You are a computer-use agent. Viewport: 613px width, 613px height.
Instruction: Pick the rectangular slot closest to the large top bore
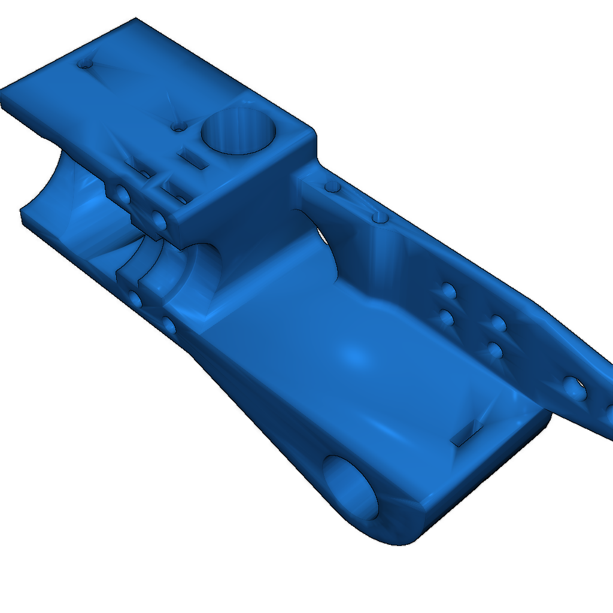[193, 159]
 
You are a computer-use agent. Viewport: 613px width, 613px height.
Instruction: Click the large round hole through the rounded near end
[351, 486]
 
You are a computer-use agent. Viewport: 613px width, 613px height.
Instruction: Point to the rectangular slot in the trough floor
[468, 432]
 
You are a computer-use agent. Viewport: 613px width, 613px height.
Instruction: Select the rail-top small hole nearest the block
[332, 187]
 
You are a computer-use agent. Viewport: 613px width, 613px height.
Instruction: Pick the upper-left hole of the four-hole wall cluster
[447, 292]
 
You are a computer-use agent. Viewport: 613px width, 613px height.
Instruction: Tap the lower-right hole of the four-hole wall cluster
[494, 350]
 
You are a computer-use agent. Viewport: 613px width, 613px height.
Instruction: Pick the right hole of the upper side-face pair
[160, 220]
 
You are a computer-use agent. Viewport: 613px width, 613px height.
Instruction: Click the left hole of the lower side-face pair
[135, 299]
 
